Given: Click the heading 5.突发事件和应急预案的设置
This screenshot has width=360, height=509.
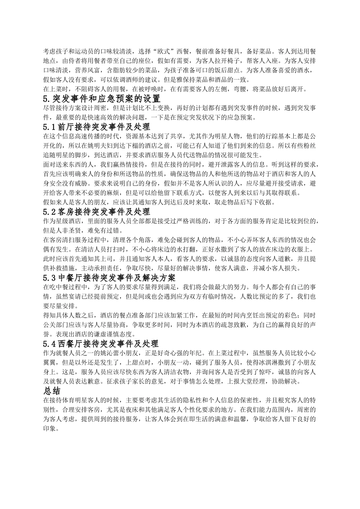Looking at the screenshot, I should (x=102, y=99).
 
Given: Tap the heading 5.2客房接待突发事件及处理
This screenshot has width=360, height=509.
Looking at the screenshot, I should (x=97, y=211).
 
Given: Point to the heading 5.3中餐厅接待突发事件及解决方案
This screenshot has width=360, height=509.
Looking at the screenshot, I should (x=109, y=277).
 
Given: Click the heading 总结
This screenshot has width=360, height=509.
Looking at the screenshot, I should (x=52, y=390).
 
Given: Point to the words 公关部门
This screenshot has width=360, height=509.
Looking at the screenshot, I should (x=55, y=325).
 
